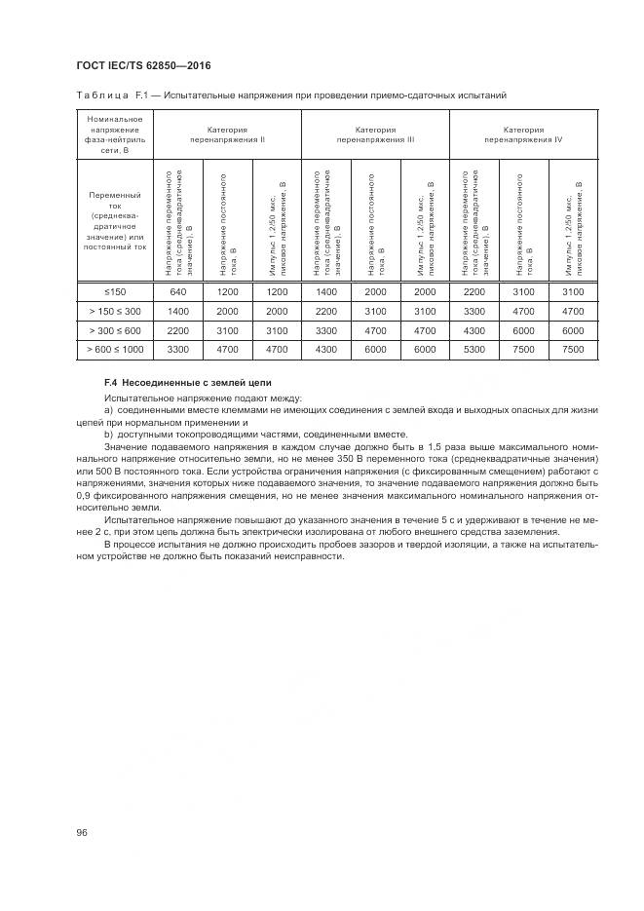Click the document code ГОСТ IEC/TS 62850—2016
(143, 65)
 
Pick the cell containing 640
(177, 291)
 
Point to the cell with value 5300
(474, 348)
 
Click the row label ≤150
(114, 291)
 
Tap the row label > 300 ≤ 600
(114, 329)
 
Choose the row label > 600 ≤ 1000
(114, 348)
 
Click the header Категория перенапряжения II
(227, 134)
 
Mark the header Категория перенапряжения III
(375, 134)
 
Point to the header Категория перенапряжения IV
(523, 134)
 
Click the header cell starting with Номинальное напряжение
(114, 134)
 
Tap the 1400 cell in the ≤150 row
(325, 291)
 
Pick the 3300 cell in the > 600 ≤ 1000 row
(177, 348)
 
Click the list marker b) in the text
(109, 434)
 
